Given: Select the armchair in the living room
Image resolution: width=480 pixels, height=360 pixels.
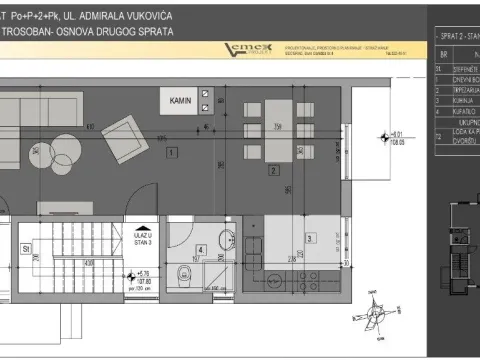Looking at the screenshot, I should coord(123,133).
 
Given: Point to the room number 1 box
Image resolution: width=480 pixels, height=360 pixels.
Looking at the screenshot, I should coord(172,153).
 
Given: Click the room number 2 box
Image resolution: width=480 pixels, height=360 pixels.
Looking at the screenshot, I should coord(273,170).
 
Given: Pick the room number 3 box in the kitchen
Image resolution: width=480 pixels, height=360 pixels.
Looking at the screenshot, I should coord(309,238).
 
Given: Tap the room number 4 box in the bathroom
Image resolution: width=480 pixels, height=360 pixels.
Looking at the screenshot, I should coord(200,250).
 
